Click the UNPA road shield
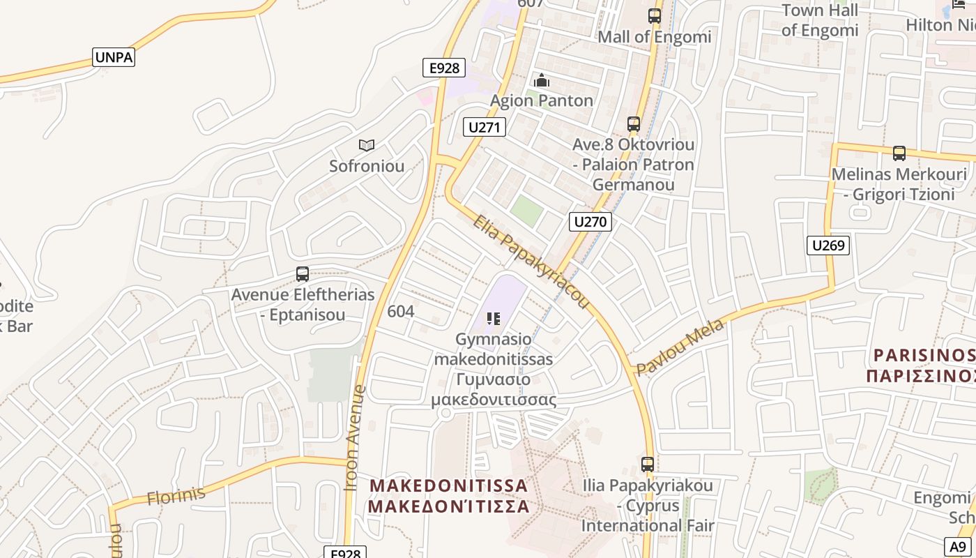tap(114, 57)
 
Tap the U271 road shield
tap(485, 127)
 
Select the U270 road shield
tap(590, 222)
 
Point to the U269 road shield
tap(828, 245)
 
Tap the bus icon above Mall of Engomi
tap(654, 15)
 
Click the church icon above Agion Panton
tap(542, 80)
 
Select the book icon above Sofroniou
tap(367, 145)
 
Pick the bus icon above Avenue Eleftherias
tap(303, 274)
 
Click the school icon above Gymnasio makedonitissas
tap(494, 319)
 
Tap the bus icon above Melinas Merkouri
tap(899, 153)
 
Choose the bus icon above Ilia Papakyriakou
tap(648, 464)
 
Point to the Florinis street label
tap(176, 495)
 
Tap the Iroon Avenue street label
tap(356, 437)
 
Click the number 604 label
tap(401, 311)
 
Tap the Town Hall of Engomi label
tap(820, 20)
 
